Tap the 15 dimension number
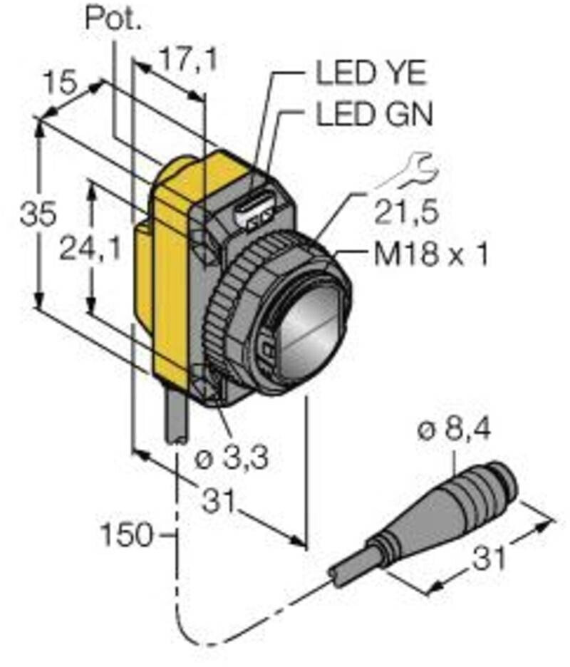[60, 84]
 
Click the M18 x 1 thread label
[432, 254]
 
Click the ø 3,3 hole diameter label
[232, 459]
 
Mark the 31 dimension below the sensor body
[220, 502]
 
